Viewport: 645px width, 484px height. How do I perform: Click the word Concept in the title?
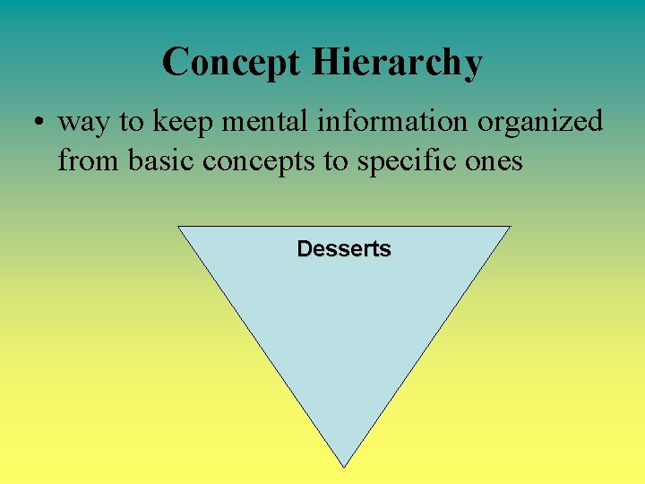pyautogui.click(x=232, y=63)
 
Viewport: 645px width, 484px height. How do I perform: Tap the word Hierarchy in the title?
pyautogui.click(x=398, y=63)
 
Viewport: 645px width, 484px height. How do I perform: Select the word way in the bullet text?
pyautogui.click(x=82, y=123)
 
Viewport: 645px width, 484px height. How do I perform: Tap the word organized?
pyautogui.click(x=540, y=123)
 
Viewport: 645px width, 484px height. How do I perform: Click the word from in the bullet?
pyautogui.click(x=91, y=162)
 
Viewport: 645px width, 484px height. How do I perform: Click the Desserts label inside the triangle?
pyautogui.click(x=344, y=249)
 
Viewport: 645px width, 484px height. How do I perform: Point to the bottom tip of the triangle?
pyautogui.click(x=344, y=465)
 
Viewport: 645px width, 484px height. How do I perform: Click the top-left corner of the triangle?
pyautogui.click(x=179, y=227)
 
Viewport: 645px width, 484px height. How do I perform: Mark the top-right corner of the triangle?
pyautogui.click(x=509, y=227)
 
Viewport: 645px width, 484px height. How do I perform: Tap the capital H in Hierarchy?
pyautogui.click(x=326, y=63)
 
